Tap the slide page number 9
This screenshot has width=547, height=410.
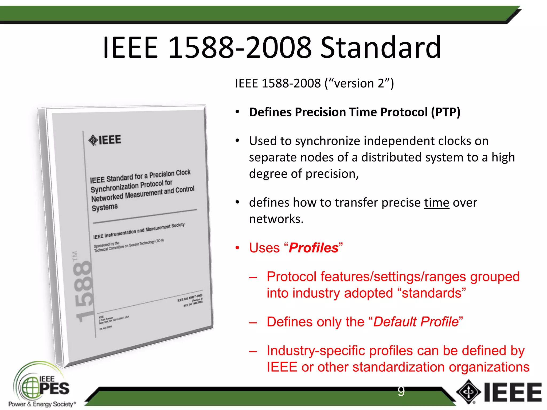tap(401, 391)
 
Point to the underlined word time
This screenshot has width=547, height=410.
tap(436, 203)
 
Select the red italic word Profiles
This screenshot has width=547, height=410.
tap(314, 248)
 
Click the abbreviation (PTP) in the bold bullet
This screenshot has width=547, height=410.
tap(446, 112)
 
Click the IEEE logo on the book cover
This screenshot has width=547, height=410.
tap(105, 140)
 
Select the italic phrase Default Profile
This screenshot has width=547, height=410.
tap(416, 322)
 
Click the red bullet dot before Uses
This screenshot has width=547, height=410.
tap(237, 248)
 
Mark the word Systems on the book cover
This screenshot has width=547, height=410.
tap(104, 207)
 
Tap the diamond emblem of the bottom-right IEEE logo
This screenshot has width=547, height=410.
tap(468, 392)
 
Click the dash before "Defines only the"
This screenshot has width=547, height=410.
tap(253, 322)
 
